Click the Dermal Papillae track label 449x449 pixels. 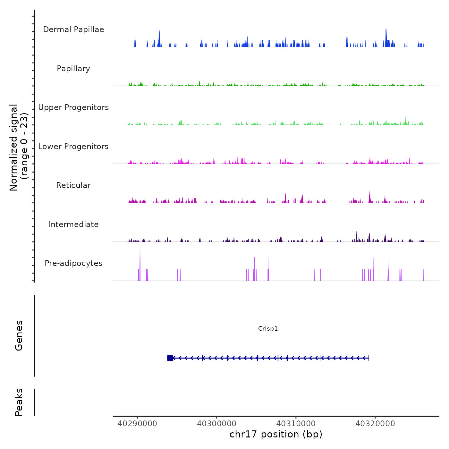(x=73, y=30)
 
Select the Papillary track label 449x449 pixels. (x=73, y=69)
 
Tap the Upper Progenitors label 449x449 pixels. (x=73, y=107)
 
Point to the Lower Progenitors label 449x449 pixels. (x=73, y=147)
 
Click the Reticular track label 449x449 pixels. (x=73, y=185)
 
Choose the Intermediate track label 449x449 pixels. (x=73, y=224)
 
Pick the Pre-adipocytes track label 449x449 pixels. (x=73, y=263)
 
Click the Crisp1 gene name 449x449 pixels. (x=268, y=328)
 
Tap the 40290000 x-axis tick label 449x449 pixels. (x=137, y=424)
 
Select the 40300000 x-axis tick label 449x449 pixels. (x=217, y=424)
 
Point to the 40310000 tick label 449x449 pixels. (x=296, y=424)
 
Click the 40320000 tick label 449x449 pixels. (x=375, y=424)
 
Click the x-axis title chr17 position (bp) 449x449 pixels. (x=276, y=434)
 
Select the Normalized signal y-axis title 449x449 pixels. (x=19, y=147)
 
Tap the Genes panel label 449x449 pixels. (x=19, y=335)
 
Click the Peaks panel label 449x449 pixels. (x=19, y=402)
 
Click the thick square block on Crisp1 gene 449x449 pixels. (x=170, y=358)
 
